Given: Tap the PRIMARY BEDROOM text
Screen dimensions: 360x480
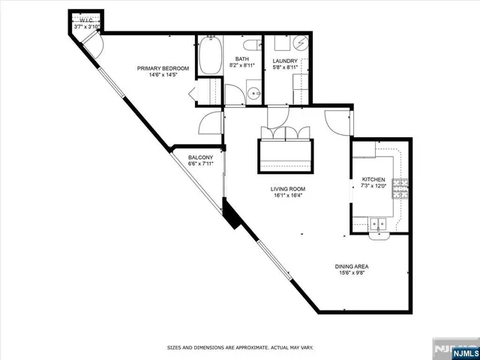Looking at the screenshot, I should point(163,68).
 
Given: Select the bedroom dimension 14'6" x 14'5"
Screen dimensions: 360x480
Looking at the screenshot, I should point(163,75).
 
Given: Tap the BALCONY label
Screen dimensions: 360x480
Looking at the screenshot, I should point(201,157).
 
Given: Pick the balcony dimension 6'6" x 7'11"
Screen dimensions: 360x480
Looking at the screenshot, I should point(201,164).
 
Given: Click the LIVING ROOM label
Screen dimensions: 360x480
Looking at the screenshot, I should point(288,189).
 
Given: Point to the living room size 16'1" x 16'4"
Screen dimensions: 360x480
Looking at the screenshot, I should point(288,196).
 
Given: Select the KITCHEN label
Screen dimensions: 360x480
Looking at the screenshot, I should point(373,179).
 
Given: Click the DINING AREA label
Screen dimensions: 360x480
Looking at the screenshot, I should point(351,266).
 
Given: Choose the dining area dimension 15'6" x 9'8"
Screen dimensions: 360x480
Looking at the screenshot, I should point(351,273).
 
